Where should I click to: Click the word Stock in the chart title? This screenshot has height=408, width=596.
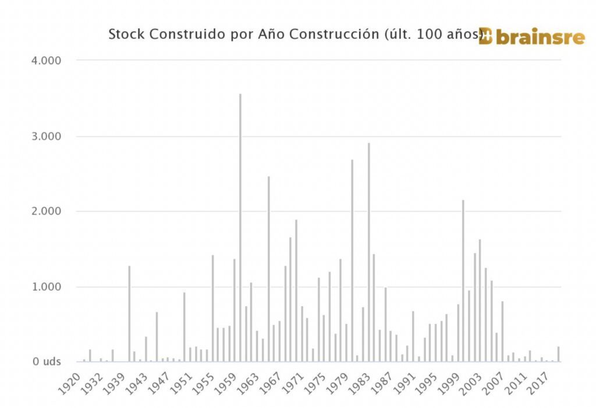[126, 34]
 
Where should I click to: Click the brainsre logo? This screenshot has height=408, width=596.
[532, 37]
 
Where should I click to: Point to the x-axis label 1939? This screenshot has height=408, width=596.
[120, 382]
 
